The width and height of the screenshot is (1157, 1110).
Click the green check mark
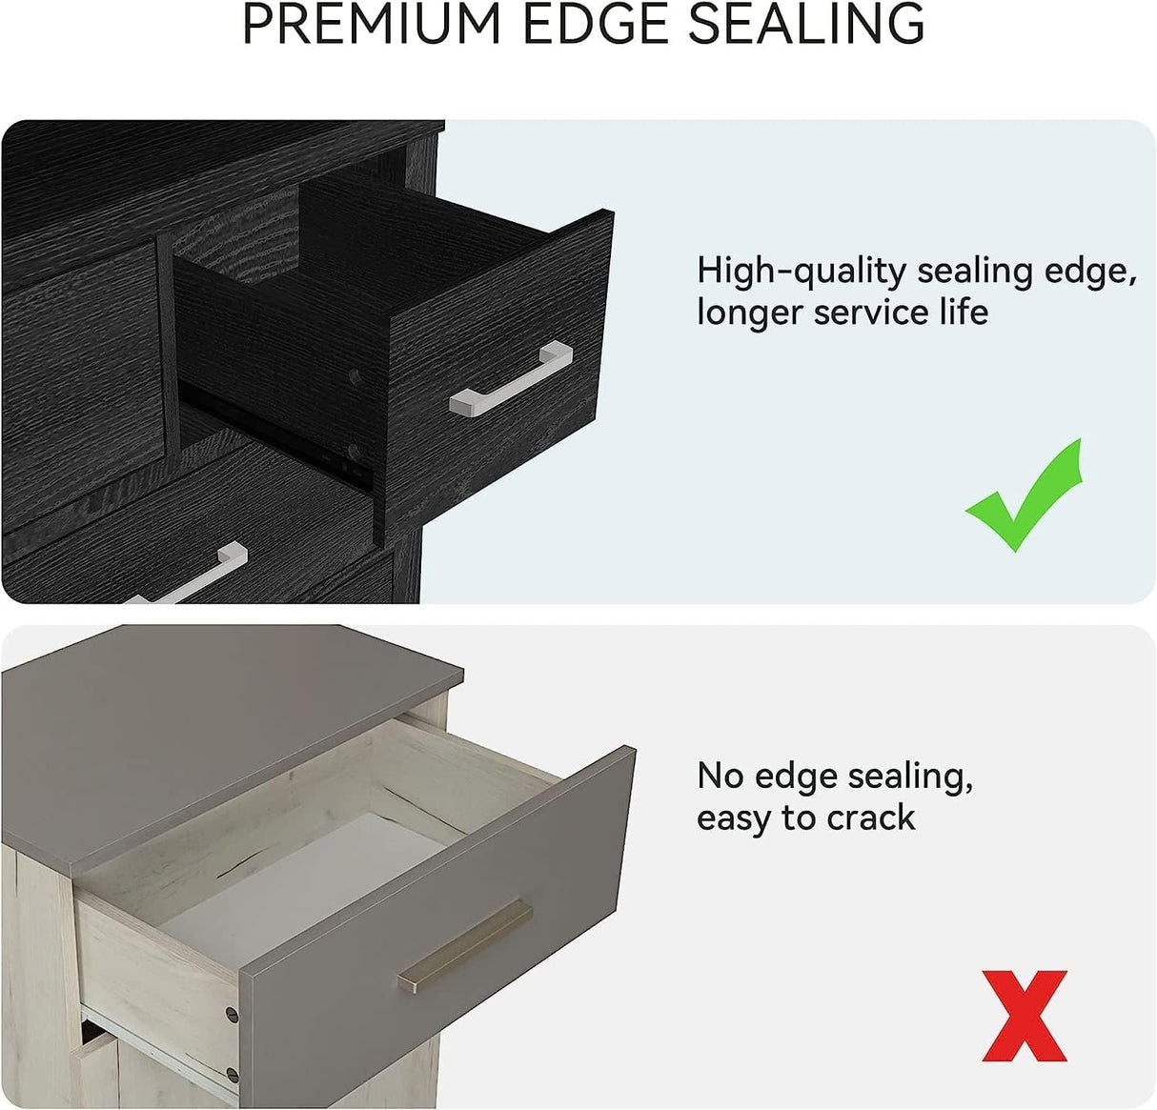(x=1024, y=495)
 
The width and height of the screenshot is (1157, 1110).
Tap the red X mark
(x=1025, y=1016)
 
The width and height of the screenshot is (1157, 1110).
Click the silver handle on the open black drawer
(x=511, y=378)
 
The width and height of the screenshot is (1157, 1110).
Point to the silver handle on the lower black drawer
(x=184, y=574)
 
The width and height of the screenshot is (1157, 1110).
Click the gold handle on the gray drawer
(x=465, y=946)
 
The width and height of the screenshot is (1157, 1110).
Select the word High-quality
(x=801, y=272)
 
